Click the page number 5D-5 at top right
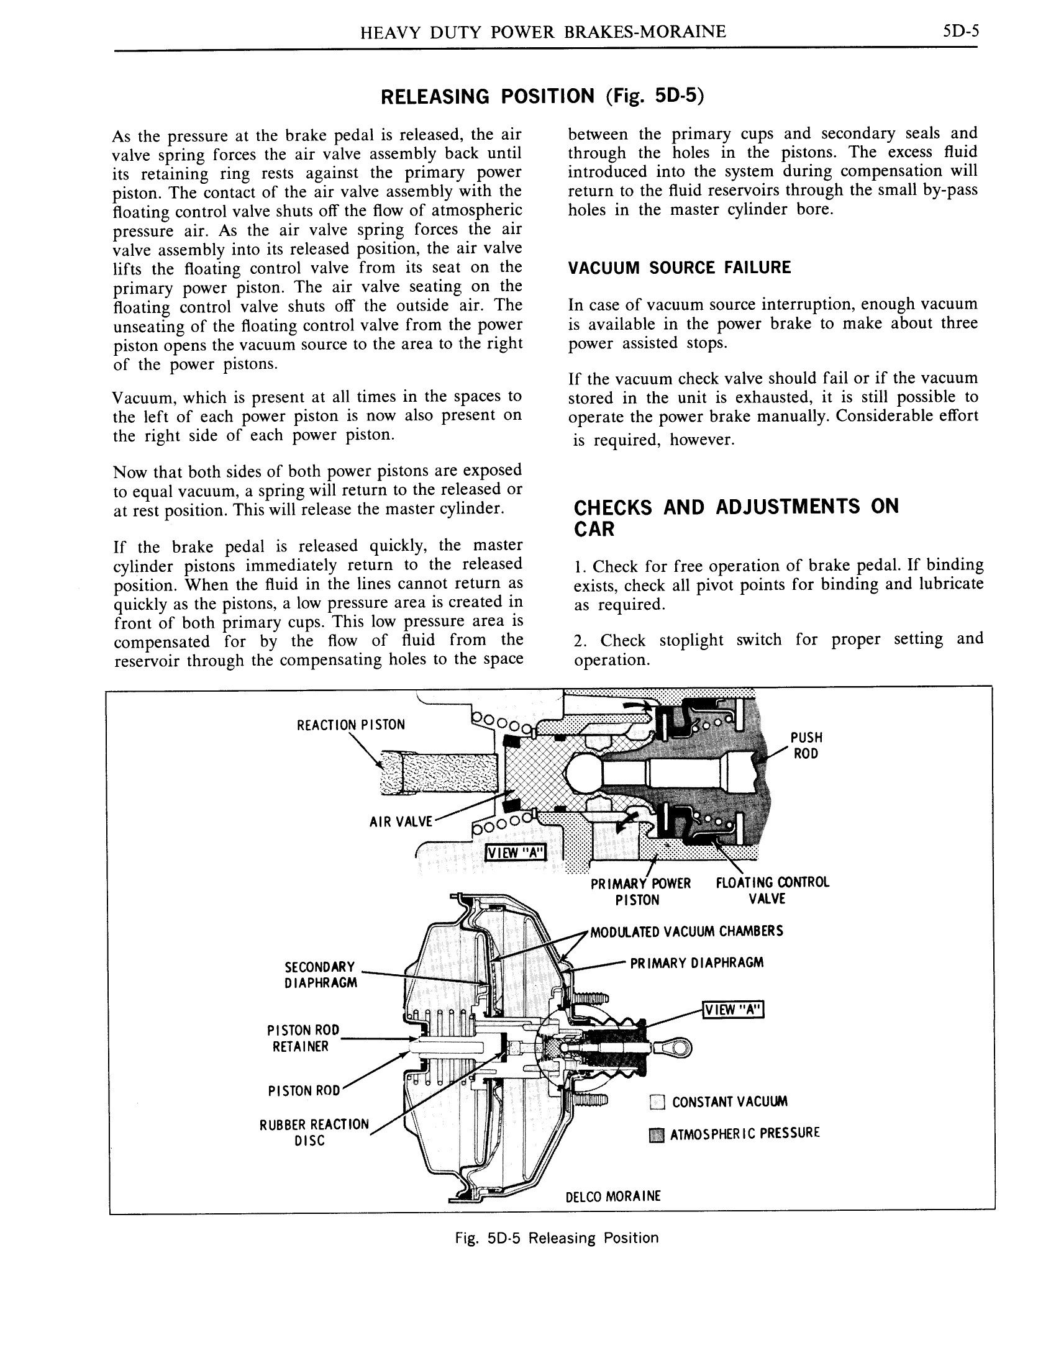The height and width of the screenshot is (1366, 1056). tap(960, 31)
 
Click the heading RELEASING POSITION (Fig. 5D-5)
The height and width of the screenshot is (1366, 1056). tap(542, 96)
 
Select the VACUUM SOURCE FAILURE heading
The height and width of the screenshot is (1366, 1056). tap(679, 268)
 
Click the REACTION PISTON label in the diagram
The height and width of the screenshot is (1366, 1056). tap(350, 724)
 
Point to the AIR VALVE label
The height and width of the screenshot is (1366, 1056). tap(401, 821)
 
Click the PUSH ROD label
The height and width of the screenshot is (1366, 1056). tap(806, 745)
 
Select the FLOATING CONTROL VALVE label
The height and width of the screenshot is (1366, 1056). tap(772, 890)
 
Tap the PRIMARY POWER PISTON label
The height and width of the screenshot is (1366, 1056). tap(640, 891)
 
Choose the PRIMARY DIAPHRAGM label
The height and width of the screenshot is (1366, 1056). tap(696, 962)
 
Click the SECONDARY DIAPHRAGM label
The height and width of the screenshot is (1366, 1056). tap(321, 974)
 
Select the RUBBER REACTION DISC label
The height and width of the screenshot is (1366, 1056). tap(314, 1132)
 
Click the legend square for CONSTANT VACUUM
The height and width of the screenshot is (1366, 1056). tap(656, 1103)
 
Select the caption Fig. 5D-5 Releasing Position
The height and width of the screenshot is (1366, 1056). tap(556, 1237)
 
